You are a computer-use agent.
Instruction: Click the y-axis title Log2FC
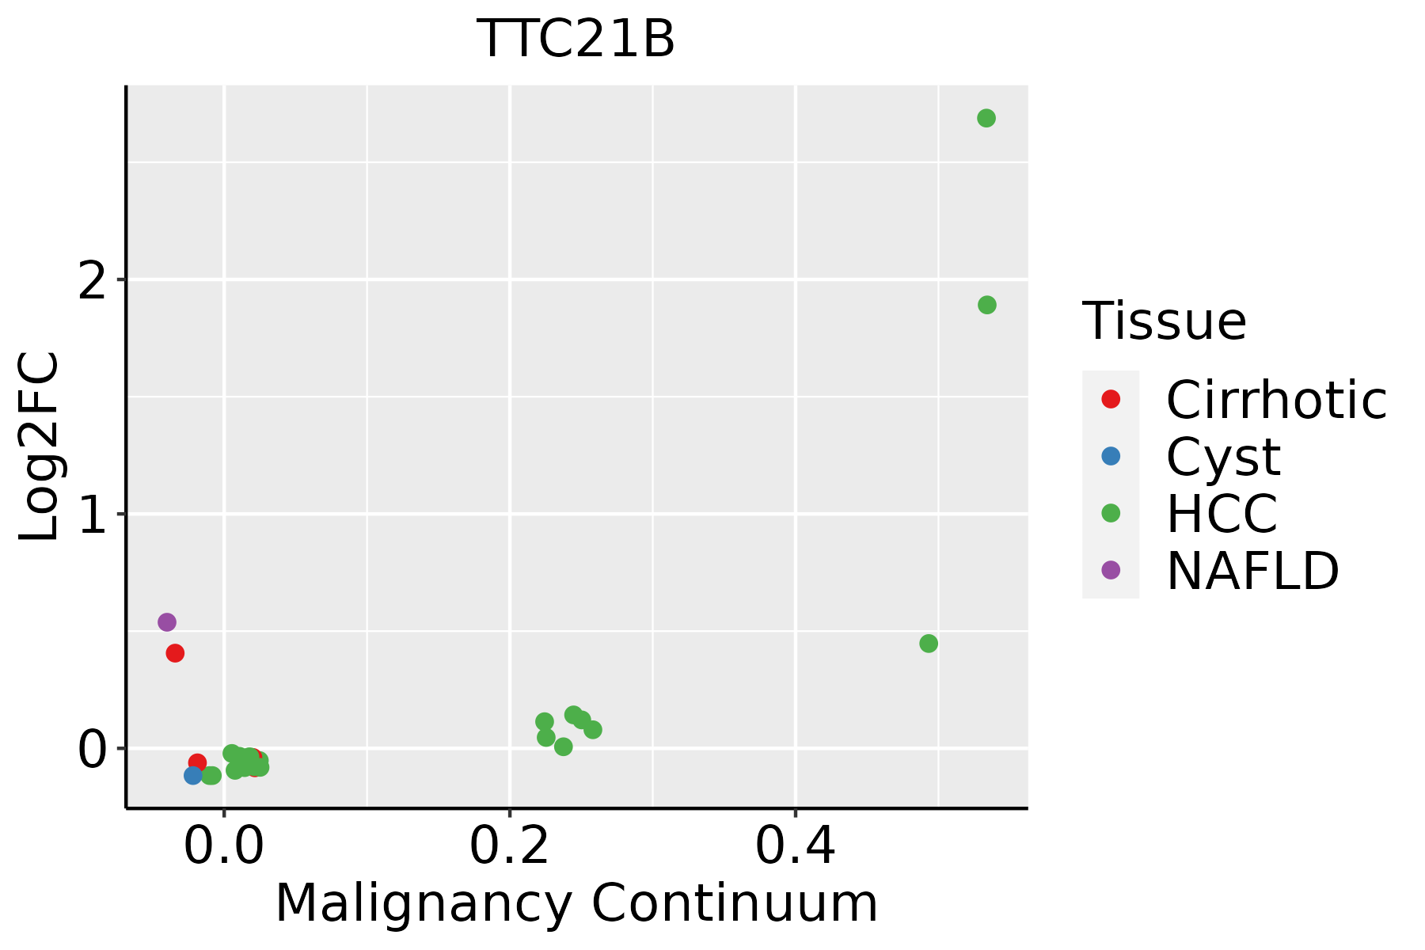[x=40, y=446]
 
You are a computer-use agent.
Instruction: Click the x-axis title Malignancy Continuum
[x=576, y=904]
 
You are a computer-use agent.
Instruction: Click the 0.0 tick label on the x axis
[x=224, y=847]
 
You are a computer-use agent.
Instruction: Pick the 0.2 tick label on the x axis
[x=510, y=847]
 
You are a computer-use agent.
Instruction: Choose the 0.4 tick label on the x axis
[x=795, y=847]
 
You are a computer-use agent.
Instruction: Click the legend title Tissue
[x=1164, y=321]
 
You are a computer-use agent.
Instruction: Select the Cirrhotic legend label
[x=1276, y=400]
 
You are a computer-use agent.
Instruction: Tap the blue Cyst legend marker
[x=1111, y=456]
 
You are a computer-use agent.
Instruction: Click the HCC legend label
[x=1222, y=514]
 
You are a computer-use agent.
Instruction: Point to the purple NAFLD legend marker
[x=1111, y=569]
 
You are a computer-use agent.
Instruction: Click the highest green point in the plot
[x=986, y=118]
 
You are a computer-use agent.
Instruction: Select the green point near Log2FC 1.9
[x=986, y=305]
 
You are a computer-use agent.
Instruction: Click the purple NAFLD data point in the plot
[x=166, y=622]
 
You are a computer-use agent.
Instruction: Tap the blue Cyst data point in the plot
[x=193, y=775]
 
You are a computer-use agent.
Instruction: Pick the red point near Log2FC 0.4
[x=175, y=653]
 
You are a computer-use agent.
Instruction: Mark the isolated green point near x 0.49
[x=929, y=644]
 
